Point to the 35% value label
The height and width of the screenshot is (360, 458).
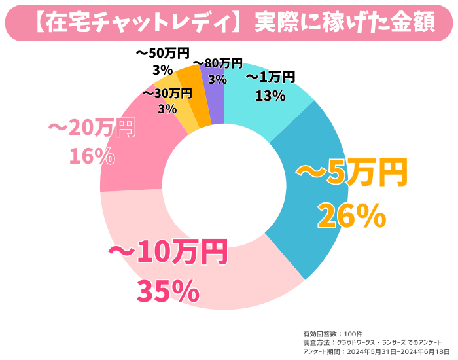[167, 291]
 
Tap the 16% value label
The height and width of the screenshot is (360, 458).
[92, 156]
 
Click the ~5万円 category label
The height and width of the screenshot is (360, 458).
[352, 173]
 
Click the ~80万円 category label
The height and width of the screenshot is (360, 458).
[217, 63]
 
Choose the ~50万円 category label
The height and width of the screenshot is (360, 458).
[162, 52]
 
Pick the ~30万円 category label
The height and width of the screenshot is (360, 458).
[167, 93]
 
